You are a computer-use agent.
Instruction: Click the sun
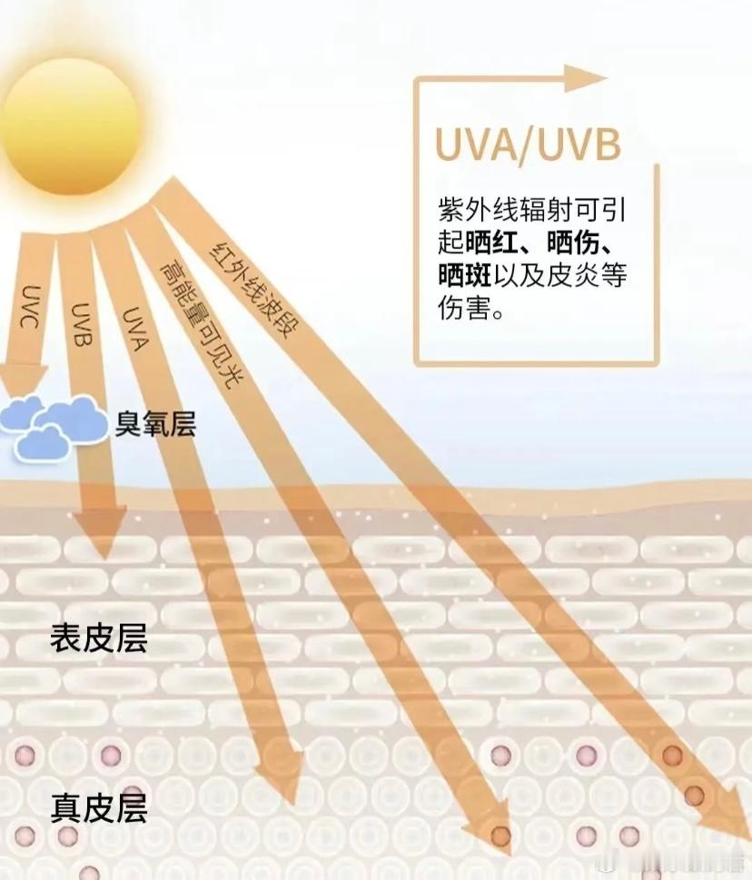click(73, 118)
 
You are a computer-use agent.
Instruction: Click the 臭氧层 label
click(155, 423)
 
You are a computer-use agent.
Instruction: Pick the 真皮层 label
click(98, 806)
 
